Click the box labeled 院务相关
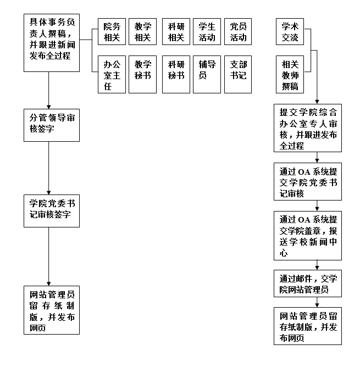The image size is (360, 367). pos(112,32)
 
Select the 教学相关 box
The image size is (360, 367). pos(142,32)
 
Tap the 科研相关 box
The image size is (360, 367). pos(176,32)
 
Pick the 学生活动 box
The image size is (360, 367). pos(207,32)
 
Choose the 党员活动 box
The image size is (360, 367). pos(238,32)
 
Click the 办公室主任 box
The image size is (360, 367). pos(112,74)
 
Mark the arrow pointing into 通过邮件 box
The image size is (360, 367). pos(317,264)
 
